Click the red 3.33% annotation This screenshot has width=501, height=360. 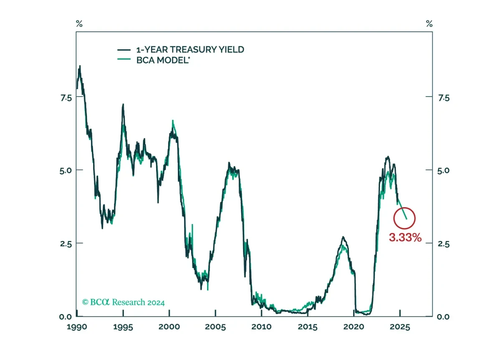(405, 237)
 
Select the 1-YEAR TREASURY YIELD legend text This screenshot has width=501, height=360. (190, 50)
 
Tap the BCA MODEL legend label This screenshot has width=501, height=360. (163, 60)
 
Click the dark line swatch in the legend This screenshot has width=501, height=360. (124, 50)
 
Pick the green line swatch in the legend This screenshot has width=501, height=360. (124, 59)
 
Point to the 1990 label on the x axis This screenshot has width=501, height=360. (77, 327)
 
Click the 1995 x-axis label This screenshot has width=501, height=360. (123, 327)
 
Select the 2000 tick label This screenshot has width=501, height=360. (170, 327)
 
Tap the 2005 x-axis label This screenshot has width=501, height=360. (215, 327)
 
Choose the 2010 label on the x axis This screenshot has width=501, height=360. (261, 327)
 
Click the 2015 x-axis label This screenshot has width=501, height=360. (308, 327)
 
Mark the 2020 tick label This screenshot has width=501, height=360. (354, 327)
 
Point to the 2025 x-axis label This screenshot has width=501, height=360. (400, 327)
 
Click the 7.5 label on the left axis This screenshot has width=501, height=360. (66, 98)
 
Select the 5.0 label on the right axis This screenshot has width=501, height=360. (443, 171)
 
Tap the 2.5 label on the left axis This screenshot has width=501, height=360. (66, 244)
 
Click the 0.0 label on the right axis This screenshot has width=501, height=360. (443, 317)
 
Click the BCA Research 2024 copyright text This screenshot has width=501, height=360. (124, 302)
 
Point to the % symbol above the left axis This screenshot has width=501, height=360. (79, 23)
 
